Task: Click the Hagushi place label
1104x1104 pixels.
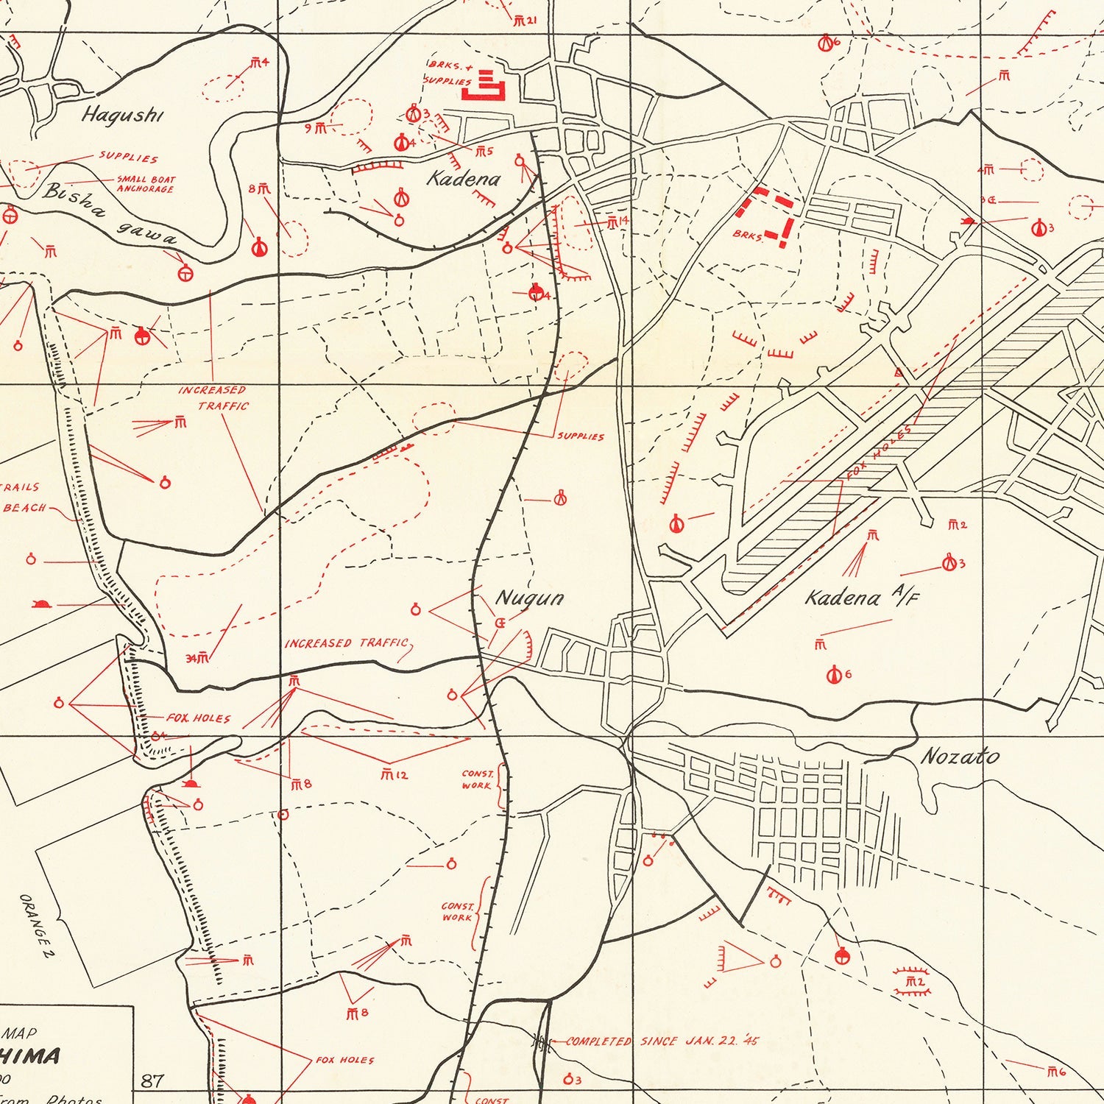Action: coord(122,115)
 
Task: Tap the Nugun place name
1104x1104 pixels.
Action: coord(529,598)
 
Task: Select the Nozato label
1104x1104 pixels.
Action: coord(960,756)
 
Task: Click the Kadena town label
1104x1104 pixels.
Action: coord(464,178)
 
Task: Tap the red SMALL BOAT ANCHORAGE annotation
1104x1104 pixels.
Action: coord(145,184)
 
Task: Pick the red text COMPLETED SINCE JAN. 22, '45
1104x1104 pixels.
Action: coord(662,1041)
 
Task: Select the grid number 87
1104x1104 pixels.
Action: coord(152,1080)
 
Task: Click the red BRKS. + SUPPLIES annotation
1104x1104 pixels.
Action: coord(449,74)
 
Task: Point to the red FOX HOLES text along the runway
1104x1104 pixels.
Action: coord(879,452)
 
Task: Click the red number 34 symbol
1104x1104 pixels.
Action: coord(197,658)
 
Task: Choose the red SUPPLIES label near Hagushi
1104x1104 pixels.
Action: coord(129,158)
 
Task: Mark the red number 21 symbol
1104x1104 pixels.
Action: coord(525,21)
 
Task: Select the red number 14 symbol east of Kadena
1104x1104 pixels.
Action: coord(617,222)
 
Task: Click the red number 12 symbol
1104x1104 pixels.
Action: coord(394,774)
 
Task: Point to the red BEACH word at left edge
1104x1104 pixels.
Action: coord(24,508)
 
